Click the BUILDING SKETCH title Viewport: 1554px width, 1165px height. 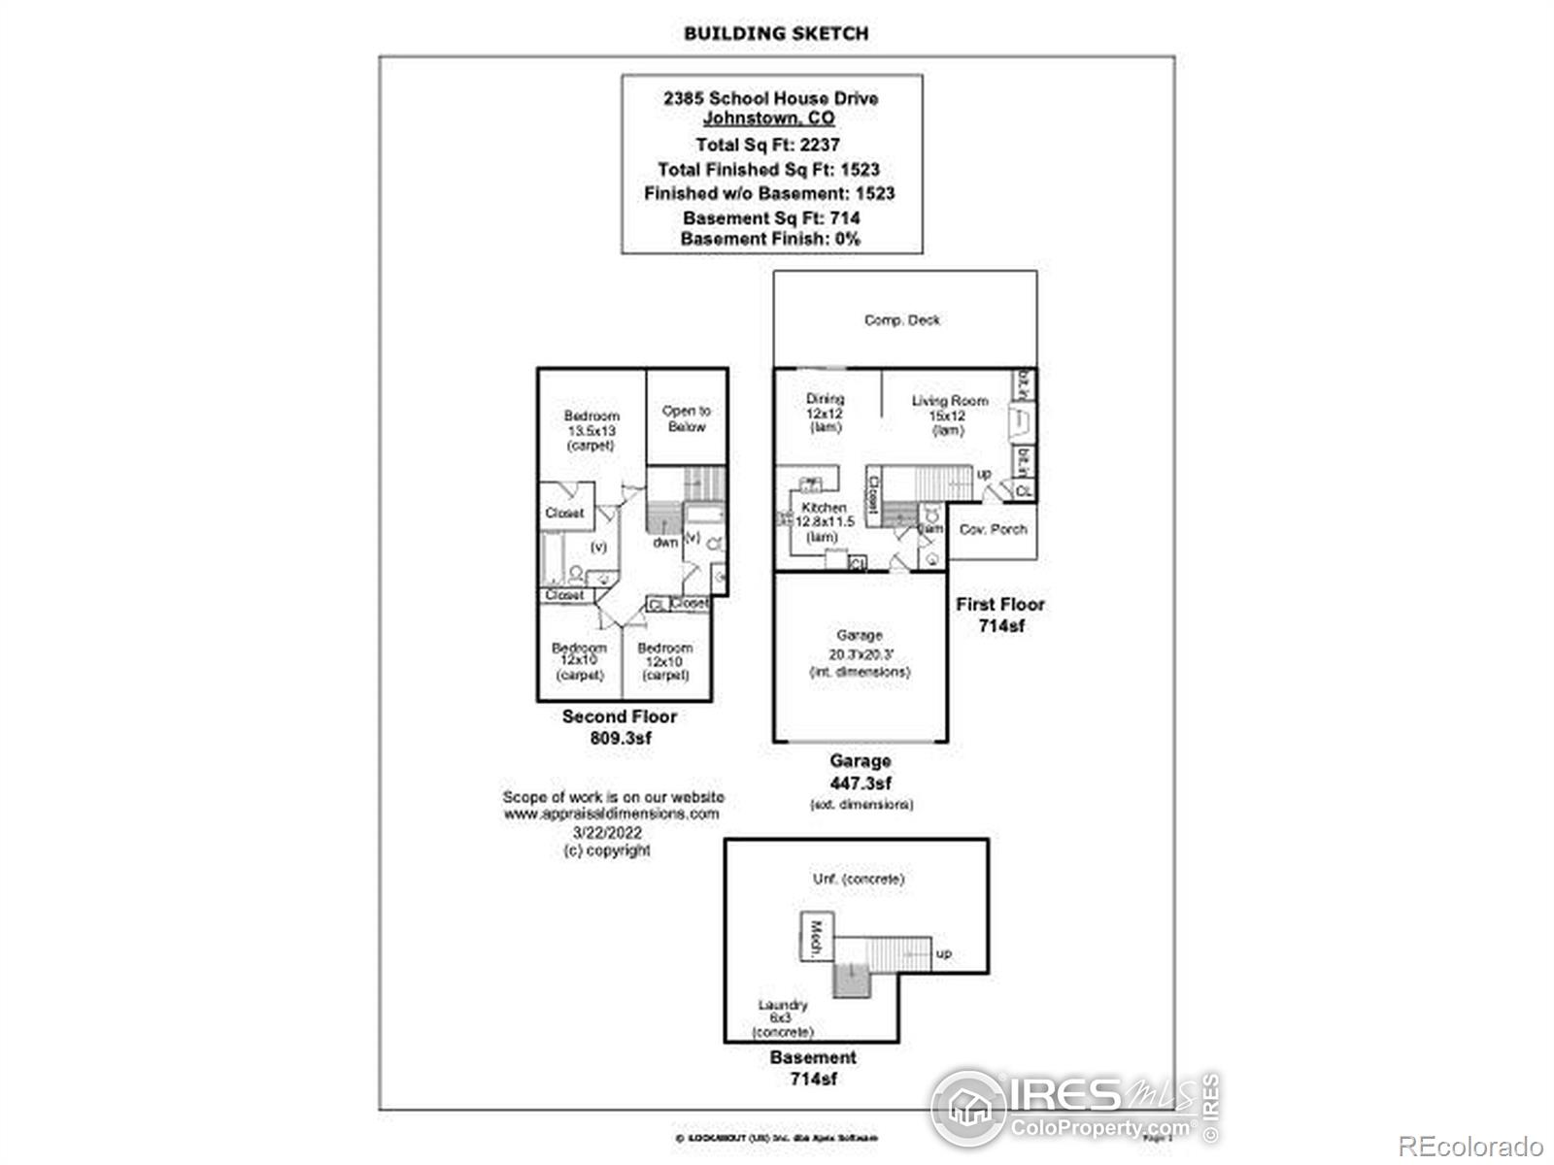pos(775,33)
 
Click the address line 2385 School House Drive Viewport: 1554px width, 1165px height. pos(770,98)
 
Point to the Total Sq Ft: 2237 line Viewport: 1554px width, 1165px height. pos(767,145)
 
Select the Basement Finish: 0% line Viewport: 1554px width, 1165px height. pos(770,239)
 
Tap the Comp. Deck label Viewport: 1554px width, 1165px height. pos(902,319)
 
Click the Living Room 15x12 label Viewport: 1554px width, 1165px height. pos(949,415)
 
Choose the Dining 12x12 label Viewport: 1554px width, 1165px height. pos(826,413)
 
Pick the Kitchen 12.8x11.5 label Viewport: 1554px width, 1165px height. pos(824,522)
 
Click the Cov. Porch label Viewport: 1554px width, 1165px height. pos(993,529)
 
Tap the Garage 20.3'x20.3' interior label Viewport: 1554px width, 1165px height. pos(860,653)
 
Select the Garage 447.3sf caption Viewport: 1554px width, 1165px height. pos(860,773)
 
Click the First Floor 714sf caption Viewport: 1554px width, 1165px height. pos(1000,615)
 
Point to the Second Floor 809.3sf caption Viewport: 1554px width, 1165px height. pos(620,727)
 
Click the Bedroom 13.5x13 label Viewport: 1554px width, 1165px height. pos(591,430)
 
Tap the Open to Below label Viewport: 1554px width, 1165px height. pos(687,418)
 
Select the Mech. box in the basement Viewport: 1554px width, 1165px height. pos(816,938)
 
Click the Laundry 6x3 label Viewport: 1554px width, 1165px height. pos(783,1018)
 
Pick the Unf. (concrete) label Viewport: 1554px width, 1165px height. pos(859,879)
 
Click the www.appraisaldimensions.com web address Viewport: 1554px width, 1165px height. pos(612,814)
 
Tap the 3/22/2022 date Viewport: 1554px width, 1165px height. pos(607,832)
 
